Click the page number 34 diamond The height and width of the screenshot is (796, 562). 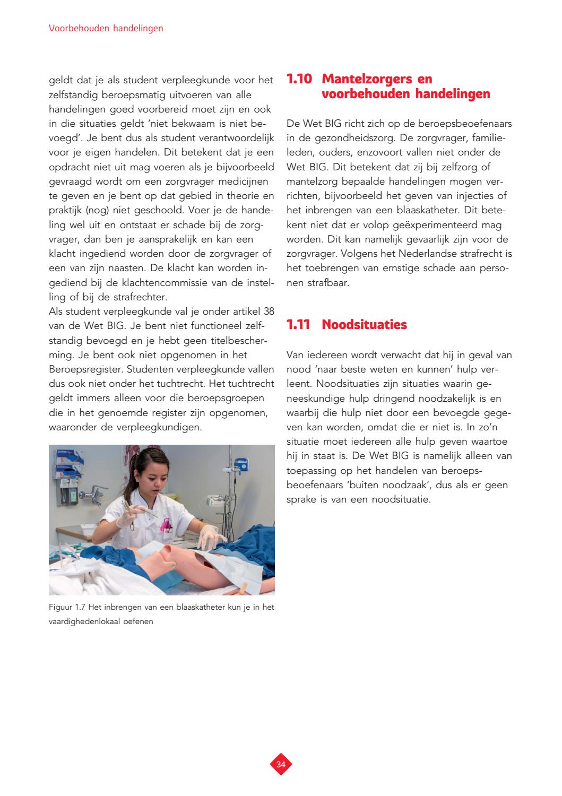pos(281,764)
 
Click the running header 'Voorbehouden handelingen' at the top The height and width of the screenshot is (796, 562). pos(106,29)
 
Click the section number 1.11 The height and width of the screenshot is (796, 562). pos(298,325)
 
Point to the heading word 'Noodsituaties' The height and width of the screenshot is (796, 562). pos(364,325)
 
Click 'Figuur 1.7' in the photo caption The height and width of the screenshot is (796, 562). pos(65,608)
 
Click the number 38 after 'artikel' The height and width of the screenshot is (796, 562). pos(269,312)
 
